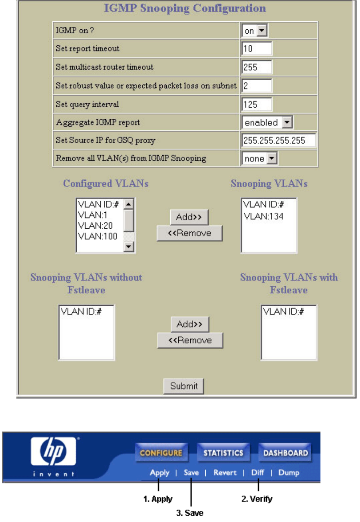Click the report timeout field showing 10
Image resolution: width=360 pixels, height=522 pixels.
(257, 49)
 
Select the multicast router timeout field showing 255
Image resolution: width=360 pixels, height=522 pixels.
(257, 67)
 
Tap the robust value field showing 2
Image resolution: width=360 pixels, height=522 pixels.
(257, 86)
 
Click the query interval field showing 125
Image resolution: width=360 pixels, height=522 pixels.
(257, 104)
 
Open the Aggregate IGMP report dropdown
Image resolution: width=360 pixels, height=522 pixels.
(267, 122)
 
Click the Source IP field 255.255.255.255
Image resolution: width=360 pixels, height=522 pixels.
(279, 140)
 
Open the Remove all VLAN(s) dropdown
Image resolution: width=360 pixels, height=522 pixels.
(259, 158)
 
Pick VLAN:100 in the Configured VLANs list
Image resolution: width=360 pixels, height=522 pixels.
(98, 236)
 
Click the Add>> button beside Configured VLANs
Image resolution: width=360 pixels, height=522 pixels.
(189, 217)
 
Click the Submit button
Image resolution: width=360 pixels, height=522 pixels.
(184, 386)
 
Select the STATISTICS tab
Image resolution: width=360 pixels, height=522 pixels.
(223, 453)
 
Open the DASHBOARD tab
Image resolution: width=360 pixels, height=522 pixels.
(286, 453)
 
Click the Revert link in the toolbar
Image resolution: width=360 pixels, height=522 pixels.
(225, 473)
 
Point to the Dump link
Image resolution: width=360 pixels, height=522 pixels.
(289, 473)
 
